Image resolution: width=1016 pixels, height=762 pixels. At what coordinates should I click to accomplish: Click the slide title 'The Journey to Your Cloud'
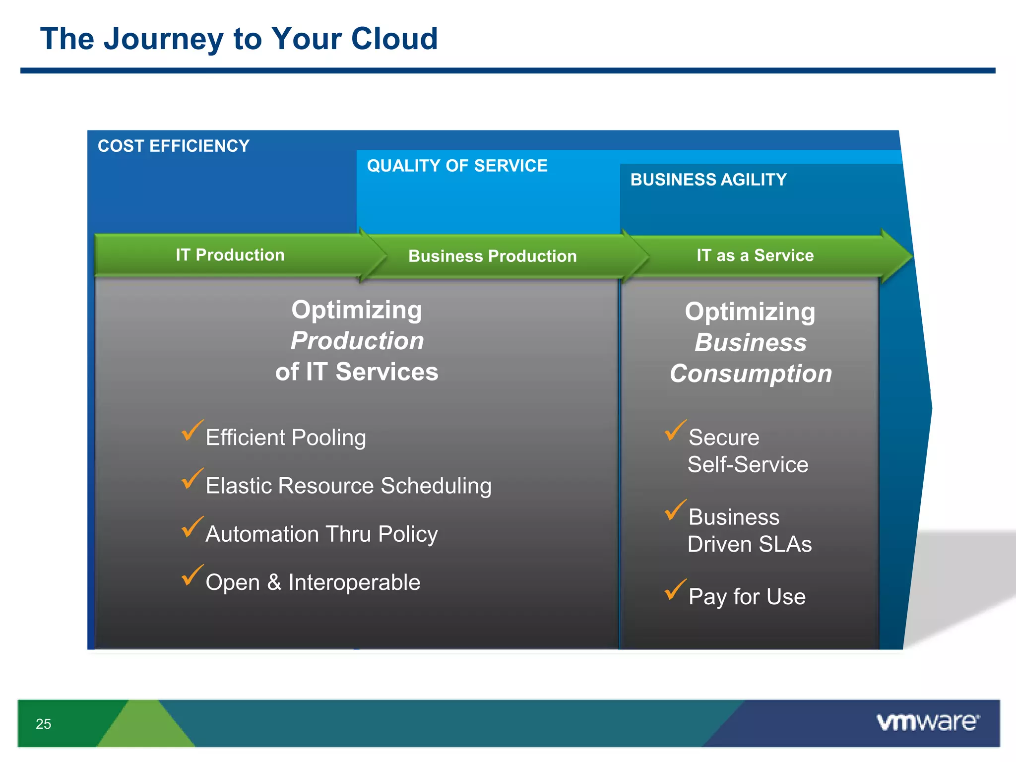pyautogui.click(x=239, y=39)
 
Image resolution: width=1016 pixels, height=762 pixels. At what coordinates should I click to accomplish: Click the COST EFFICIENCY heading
pyautogui.click(x=173, y=146)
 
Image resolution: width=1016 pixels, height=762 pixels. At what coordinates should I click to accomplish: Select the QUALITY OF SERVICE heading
pyautogui.click(x=457, y=166)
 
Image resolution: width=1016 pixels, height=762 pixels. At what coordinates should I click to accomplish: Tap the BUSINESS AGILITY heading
pyautogui.click(x=708, y=180)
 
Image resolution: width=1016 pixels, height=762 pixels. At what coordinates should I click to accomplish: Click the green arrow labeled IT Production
pyautogui.click(x=230, y=255)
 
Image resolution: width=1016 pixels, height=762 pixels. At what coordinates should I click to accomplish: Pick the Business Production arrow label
pyautogui.click(x=492, y=256)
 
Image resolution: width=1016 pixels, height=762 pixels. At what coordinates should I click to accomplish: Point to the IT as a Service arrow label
pyautogui.click(x=755, y=255)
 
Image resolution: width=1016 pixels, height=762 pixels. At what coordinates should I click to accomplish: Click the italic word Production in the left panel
pyautogui.click(x=357, y=341)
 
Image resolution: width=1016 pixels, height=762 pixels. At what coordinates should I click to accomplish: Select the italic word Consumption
pyautogui.click(x=751, y=374)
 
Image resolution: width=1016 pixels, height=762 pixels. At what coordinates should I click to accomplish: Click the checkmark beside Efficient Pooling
pyautogui.click(x=191, y=431)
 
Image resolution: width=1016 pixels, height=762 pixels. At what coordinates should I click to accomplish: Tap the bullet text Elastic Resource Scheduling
pyautogui.click(x=348, y=486)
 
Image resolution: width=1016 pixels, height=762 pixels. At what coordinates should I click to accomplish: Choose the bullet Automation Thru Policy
pyautogui.click(x=321, y=534)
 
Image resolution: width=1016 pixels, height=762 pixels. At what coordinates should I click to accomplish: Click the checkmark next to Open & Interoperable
pyautogui.click(x=191, y=575)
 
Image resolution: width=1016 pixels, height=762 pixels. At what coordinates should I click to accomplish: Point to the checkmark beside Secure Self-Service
pyautogui.click(x=675, y=431)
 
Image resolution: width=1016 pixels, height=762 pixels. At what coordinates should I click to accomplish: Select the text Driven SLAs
pyautogui.click(x=749, y=544)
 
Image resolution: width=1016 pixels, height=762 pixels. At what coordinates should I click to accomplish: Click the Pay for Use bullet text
pyautogui.click(x=747, y=596)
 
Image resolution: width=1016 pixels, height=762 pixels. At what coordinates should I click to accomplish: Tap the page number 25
pyautogui.click(x=43, y=724)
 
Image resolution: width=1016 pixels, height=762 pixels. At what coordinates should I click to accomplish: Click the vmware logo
pyautogui.click(x=927, y=722)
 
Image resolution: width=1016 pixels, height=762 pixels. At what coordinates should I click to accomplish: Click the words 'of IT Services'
pyautogui.click(x=357, y=372)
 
